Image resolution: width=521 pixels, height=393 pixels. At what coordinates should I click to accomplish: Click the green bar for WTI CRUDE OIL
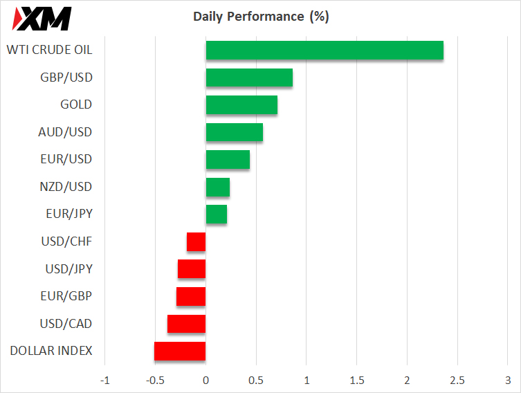pos(325,51)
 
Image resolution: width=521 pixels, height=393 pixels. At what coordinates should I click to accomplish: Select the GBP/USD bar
pos(249,77)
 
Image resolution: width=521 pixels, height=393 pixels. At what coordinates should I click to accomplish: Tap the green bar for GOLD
pos(241,104)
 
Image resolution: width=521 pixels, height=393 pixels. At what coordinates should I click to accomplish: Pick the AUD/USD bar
pos(235,132)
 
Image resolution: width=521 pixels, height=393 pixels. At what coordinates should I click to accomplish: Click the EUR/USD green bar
pos(228,159)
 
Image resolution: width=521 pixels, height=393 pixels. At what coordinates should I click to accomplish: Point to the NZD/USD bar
pos(218,187)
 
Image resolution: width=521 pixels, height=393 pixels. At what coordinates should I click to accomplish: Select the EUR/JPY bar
pos(217,214)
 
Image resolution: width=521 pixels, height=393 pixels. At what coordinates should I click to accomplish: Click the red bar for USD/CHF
pos(196,242)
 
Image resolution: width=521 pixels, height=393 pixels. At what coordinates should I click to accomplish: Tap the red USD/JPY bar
pos(192,268)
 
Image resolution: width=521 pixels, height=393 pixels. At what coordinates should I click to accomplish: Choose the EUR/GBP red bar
pos(191,296)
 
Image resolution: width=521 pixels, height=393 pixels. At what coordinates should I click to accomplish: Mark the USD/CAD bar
pos(186,324)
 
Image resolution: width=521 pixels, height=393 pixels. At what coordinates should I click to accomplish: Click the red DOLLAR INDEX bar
pos(180,351)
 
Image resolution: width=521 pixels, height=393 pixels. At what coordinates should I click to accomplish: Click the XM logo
pos(42,19)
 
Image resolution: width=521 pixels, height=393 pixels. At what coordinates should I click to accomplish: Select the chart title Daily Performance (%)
pos(261,17)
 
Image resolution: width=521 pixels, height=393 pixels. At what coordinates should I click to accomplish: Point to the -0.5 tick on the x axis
pos(155,381)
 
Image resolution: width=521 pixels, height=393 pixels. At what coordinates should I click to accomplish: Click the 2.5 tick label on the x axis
pos(457,381)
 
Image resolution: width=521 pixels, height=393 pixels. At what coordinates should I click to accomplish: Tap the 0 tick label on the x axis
pos(206,381)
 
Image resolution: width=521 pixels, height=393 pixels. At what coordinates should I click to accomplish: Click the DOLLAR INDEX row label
pos(51,351)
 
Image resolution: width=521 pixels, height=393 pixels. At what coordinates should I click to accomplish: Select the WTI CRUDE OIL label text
pos(50,50)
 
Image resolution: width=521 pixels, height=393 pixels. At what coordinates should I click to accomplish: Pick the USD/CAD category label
pos(66,324)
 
